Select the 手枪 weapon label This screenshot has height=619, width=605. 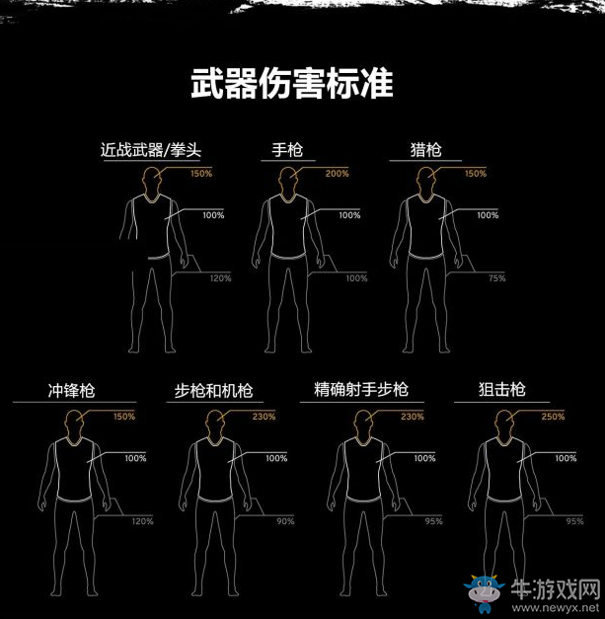(x=287, y=151)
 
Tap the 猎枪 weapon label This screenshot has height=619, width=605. (x=426, y=151)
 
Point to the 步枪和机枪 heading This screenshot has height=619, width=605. (x=213, y=391)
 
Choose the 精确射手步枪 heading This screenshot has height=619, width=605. (x=360, y=390)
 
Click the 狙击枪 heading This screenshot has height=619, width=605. (x=502, y=391)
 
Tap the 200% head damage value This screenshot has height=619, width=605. (x=337, y=175)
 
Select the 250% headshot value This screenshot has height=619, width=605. (x=553, y=417)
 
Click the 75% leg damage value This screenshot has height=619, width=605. (x=496, y=278)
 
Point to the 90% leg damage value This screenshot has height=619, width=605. (x=285, y=521)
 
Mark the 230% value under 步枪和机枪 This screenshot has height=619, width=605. (x=264, y=417)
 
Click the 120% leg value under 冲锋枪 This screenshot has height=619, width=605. (x=143, y=521)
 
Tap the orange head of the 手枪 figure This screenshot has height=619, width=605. (x=287, y=181)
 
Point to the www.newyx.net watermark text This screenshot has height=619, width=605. (x=566, y=604)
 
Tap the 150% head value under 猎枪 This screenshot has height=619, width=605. (x=476, y=175)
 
